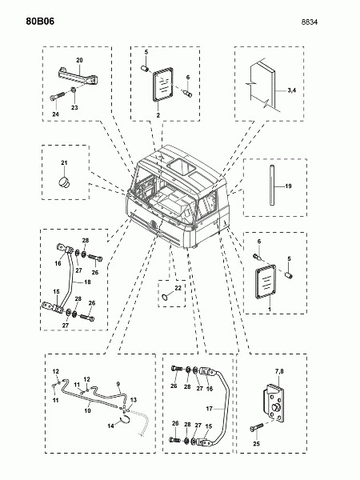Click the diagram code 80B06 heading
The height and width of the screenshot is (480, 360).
[40, 22]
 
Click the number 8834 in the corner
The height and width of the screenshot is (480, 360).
[309, 22]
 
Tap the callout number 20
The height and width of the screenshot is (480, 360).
[79, 60]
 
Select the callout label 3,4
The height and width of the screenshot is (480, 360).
[292, 90]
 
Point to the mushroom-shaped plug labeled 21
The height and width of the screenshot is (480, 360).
[64, 182]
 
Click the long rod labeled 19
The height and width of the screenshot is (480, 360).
[271, 186]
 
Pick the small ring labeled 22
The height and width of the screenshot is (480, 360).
[165, 296]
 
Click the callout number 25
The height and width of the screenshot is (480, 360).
[256, 443]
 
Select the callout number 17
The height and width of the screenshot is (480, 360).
[209, 409]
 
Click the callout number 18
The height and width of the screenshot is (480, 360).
[87, 282]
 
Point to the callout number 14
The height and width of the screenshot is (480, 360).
[110, 426]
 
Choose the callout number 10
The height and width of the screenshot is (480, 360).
[87, 410]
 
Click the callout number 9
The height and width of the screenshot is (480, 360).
[118, 384]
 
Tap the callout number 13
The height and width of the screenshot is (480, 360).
[134, 400]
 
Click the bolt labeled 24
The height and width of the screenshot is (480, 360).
[58, 96]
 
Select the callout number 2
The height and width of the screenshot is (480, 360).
[158, 115]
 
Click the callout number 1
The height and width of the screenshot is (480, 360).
[270, 309]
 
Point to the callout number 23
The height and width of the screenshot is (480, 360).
[74, 107]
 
